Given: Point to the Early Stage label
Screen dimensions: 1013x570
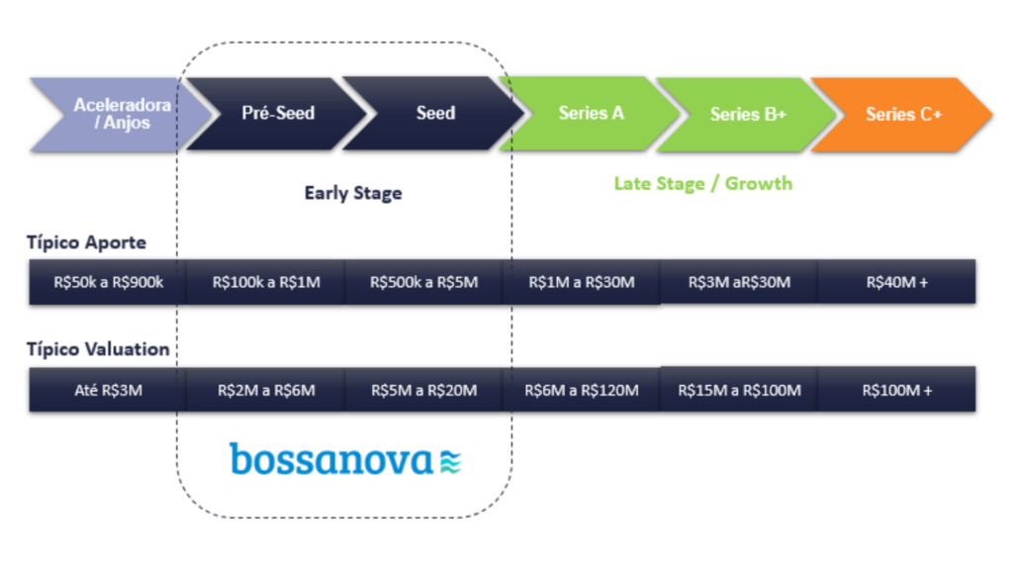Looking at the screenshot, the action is coord(353,193).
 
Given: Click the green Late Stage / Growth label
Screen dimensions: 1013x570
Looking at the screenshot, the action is coord(703,183).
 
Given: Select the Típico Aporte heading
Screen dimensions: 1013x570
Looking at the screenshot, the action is coord(87,242).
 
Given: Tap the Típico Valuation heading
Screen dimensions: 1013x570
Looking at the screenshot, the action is coord(98,349).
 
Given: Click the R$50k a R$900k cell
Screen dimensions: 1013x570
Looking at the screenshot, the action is coord(108,282).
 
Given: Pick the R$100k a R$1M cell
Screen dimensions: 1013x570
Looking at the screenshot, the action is coord(266,282).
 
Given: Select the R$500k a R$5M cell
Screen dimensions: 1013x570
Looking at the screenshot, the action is coord(423,282).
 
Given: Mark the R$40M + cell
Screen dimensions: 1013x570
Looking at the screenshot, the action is coord(896,282).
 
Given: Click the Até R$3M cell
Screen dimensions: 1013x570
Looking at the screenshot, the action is coord(108,390).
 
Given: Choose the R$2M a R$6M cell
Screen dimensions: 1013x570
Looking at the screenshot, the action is coord(266,390).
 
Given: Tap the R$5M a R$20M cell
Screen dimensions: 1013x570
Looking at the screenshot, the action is coord(423,390).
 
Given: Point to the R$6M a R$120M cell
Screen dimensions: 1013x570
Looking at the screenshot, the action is coord(582,390).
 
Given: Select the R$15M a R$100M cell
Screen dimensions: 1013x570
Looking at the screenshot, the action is coord(739,390).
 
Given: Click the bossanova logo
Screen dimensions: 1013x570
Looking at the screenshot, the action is coord(345,459).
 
